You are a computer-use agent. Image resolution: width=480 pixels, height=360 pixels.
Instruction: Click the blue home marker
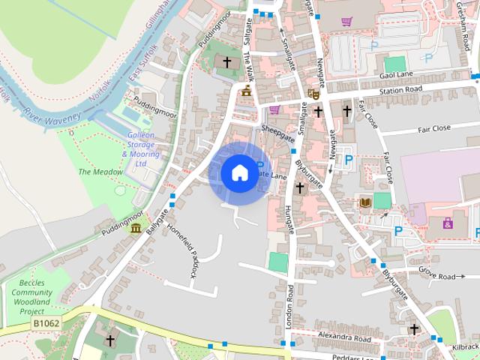239,172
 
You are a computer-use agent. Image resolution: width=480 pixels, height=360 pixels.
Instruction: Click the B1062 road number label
46,323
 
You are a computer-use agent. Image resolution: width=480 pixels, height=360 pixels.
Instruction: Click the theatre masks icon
313,94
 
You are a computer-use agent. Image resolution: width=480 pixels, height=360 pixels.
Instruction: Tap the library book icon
366,203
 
